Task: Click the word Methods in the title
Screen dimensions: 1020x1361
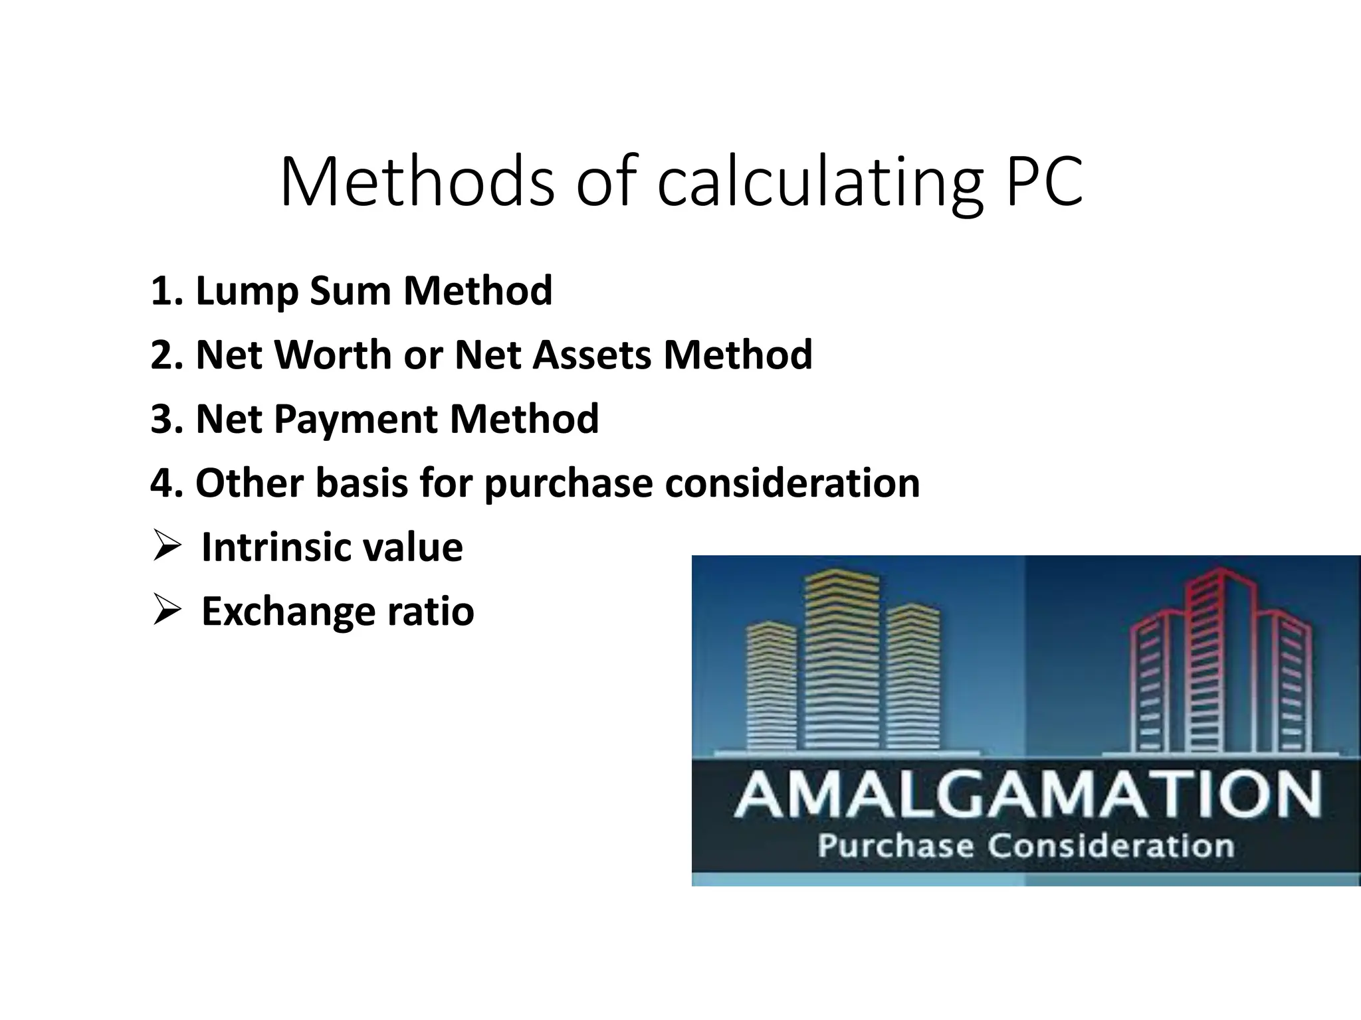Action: pyautogui.click(x=417, y=182)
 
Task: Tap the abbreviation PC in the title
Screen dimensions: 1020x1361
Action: pyautogui.click(x=1045, y=182)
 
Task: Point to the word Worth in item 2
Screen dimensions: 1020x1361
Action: pyautogui.click(x=334, y=355)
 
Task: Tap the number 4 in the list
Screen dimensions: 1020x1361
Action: pyautogui.click(x=161, y=483)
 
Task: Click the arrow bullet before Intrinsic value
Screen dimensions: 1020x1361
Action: pyautogui.click(x=166, y=547)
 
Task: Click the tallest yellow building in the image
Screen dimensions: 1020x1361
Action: pyautogui.click(x=841, y=664)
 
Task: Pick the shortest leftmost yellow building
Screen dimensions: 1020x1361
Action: pyautogui.click(x=771, y=691)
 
